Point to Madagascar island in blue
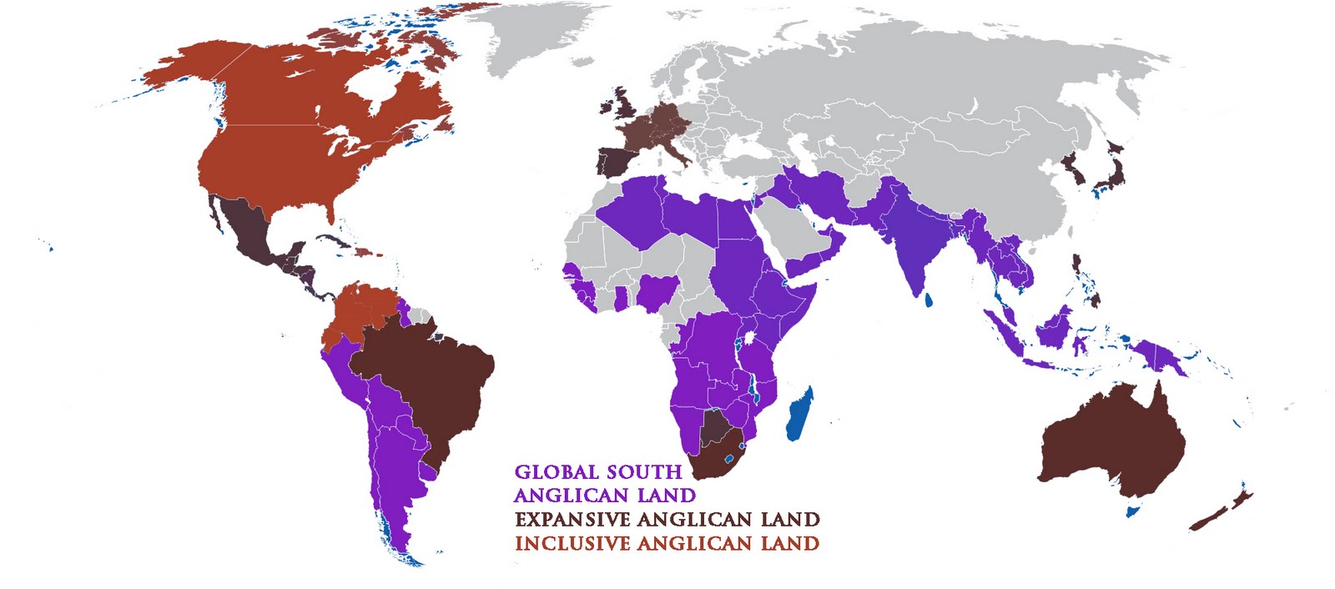pos(799,415)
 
